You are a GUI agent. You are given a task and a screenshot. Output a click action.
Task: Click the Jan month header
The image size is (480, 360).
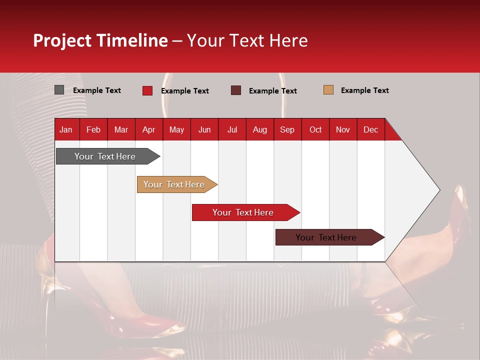pyautogui.click(x=66, y=130)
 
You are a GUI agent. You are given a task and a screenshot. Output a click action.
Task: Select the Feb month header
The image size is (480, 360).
pyautogui.click(x=93, y=130)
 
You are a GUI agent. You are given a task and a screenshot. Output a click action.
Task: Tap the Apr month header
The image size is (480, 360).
pyautogui.click(x=148, y=130)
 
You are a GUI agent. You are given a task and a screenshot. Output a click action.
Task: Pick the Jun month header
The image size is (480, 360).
pyautogui.click(x=204, y=130)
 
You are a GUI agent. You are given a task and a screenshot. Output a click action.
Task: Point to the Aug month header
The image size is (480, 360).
pyautogui.click(x=259, y=130)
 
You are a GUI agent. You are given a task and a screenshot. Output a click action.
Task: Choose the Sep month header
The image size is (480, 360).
pyautogui.click(x=287, y=130)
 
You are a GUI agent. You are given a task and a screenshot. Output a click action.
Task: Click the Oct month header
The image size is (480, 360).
pyautogui.click(x=315, y=130)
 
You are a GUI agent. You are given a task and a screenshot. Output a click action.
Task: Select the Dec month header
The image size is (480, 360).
pyautogui.click(x=370, y=130)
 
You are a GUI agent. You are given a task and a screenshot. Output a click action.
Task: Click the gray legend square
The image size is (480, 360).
pyautogui.click(x=59, y=90)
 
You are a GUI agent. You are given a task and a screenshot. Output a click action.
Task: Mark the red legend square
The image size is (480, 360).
pyautogui.click(x=147, y=90)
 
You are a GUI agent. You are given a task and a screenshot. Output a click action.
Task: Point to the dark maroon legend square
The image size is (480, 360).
pyautogui.click(x=236, y=90)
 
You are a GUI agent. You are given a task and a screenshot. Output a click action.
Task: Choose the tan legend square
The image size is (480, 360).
pyautogui.click(x=328, y=90)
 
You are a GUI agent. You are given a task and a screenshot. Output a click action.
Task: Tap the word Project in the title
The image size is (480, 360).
pyautogui.click(x=62, y=40)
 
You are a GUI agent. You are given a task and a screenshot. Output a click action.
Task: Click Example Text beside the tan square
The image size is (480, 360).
pyautogui.click(x=364, y=90)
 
